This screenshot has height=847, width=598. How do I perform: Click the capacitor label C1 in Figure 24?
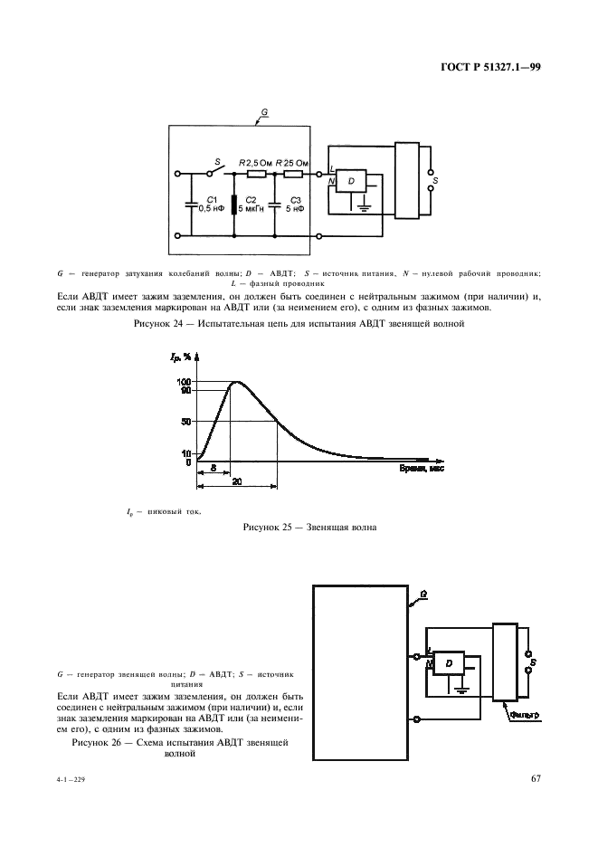(x=211, y=198)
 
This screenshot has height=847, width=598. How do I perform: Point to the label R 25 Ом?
(x=295, y=163)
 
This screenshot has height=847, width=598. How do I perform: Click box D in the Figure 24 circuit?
(x=351, y=182)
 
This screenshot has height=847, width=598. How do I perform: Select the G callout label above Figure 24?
(x=263, y=112)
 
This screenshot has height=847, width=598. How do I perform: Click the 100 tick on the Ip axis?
(x=184, y=382)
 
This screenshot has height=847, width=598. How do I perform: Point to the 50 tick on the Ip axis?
(x=185, y=422)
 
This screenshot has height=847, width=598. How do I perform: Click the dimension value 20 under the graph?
(x=235, y=482)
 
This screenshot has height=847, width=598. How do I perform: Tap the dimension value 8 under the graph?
(x=213, y=469)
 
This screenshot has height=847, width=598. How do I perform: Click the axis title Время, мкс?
(x=422, y=471)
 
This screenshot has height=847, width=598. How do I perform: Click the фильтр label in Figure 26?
(x=524, y=715)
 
